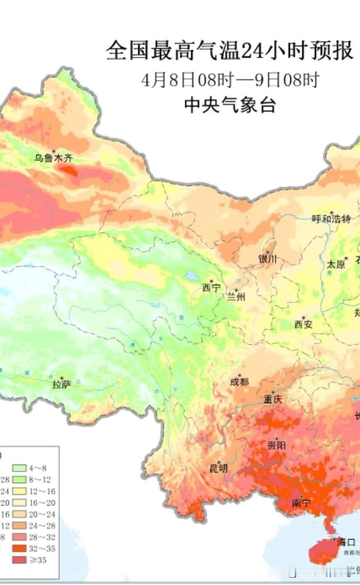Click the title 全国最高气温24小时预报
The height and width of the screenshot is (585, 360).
(x=229, y=50)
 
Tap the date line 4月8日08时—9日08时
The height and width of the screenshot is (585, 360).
(x=230, y=80)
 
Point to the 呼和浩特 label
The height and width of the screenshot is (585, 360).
(x=331, y=219)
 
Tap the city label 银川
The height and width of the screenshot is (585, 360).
(x=268, y=259)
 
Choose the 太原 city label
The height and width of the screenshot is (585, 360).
(x=336, y=264)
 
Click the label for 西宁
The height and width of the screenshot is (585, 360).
(x=211, y=288)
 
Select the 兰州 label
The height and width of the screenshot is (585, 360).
(x=236, y=297)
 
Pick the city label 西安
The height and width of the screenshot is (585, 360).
(x=303, y=324)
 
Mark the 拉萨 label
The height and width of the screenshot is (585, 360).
(x=62, y=384)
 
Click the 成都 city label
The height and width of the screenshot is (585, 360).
(x=239, y=381)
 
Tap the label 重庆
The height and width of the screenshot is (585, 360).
(x=273, y=399)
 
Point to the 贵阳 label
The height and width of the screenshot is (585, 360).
(x=276, y=445)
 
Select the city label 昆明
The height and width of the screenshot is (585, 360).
(x=219, y=468)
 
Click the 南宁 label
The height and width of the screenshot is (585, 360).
(x=301, y=504)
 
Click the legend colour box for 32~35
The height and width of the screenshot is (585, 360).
(x=19, y=549)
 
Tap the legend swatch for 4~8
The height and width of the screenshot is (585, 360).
(x=19, y=468)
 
